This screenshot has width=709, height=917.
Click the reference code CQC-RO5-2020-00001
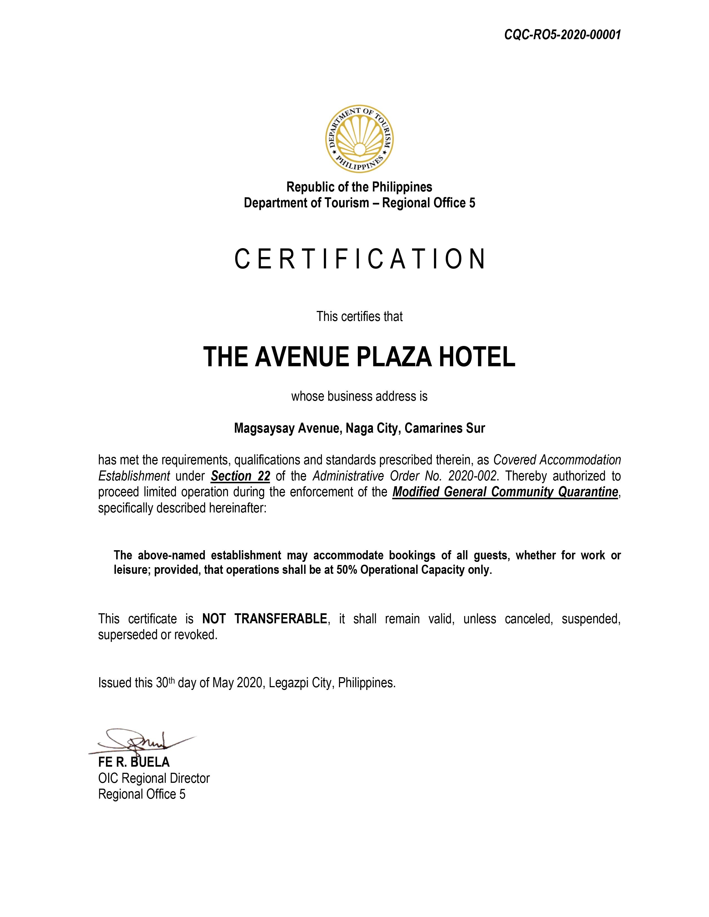(x=562, y=35)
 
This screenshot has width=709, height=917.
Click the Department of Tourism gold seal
(x=360, y=139)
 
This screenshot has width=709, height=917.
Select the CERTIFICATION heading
(x=360, y=259)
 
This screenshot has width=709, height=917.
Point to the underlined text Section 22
(x=240, y=476)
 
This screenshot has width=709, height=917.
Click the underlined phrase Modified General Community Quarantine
(x=505, y=492)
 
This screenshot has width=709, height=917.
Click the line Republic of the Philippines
(x=359, y=186)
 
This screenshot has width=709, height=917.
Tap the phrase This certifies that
(x=360, y=316)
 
